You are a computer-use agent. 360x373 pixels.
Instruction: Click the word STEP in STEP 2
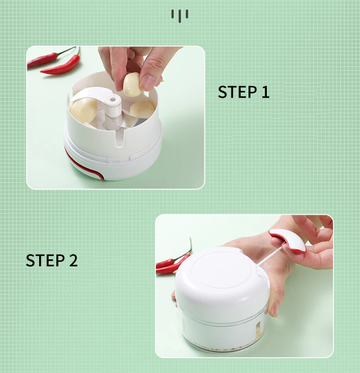[45, 260]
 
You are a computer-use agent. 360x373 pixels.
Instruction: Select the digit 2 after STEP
[74, 260]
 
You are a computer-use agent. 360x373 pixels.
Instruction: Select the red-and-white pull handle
[288, 240]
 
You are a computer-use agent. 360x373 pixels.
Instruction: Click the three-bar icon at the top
[180, 16]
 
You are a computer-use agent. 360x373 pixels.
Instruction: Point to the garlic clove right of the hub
[142, 110]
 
